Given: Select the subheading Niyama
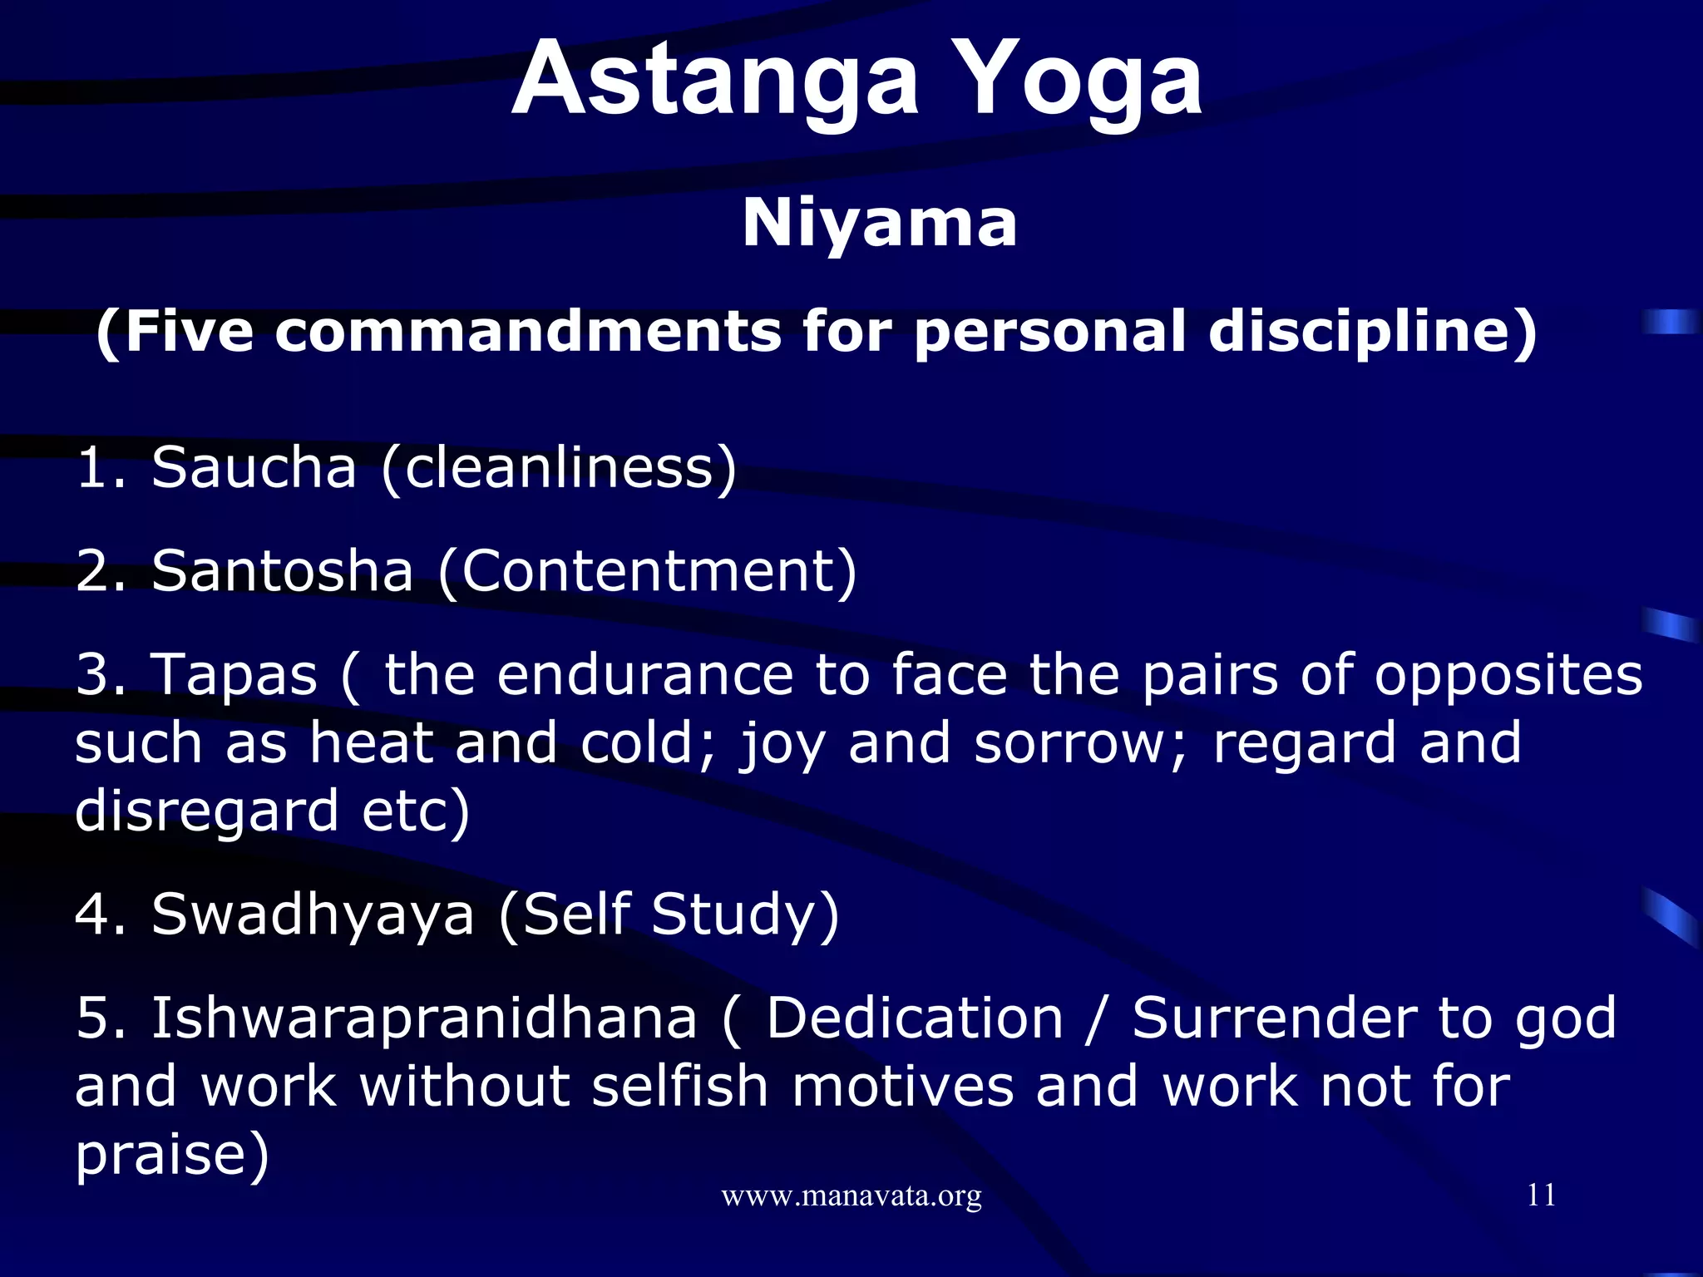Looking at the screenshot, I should tap(879, 223).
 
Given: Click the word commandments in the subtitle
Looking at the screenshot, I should tap(528, 331).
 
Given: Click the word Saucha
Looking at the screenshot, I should tap(254, 467).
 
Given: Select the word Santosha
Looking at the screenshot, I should tap(283, 571).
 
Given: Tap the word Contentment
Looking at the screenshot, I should tap(647, 571).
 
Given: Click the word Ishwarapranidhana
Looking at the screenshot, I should tap(424, 1019).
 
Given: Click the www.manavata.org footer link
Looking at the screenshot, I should tap(851, 1196).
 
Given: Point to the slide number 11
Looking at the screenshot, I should tap(1541, 1195).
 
